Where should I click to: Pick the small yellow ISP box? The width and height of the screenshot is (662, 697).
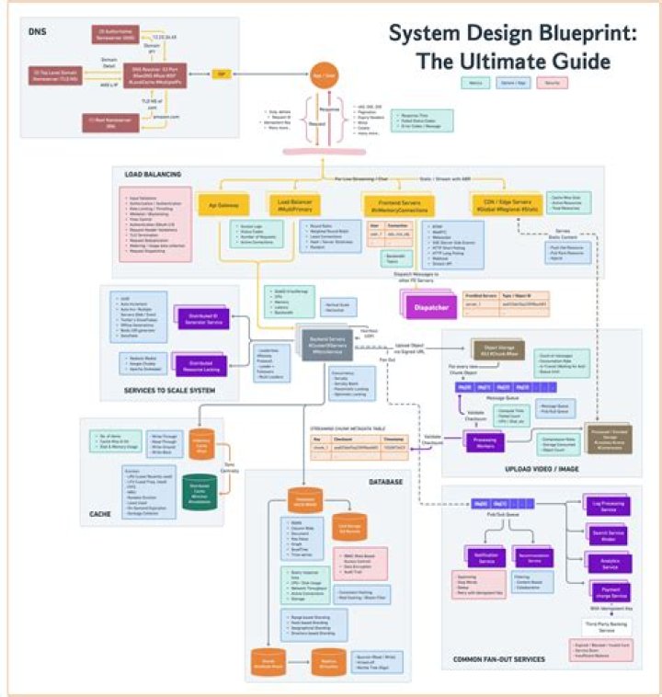[x=221, y=74]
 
